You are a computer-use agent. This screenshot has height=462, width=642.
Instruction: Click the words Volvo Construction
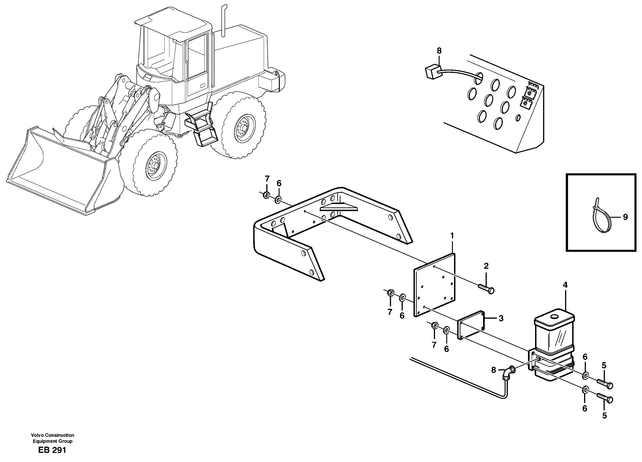tap(53, 435)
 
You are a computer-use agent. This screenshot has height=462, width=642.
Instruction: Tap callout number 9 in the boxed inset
tap(625, 217)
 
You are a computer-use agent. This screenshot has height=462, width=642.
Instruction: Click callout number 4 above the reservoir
tap(565, 285)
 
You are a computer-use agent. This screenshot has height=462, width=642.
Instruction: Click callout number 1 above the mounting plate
tap(452, 236)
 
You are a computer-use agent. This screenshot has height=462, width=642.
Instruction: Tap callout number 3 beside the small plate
tap(501, 318)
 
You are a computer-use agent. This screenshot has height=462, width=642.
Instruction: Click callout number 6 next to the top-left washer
tap(279, 183)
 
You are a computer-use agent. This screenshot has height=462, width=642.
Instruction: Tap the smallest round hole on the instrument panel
tap(518, 118)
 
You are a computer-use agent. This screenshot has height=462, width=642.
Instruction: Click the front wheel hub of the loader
tap(155, 166)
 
